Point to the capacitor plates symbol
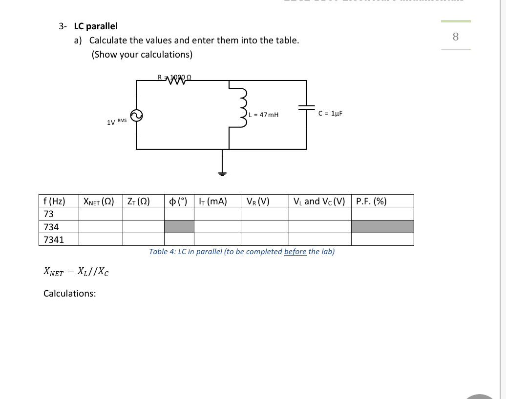tap(307, 110)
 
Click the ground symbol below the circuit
tap(223, 172)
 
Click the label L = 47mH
tap(264, 115)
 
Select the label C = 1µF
tap(330, 113)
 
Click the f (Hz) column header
tap(54, 201)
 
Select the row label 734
tap(51, 227)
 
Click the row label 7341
tap(54, 239)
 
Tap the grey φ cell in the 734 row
tap(179, 227)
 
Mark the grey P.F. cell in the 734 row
tap(382, 227)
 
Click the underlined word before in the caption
tap(295, 252)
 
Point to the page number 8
tap(456, 37)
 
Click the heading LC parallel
tap(96, 26)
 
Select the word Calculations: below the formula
tap(70, 293)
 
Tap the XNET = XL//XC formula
tap(76, 272)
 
